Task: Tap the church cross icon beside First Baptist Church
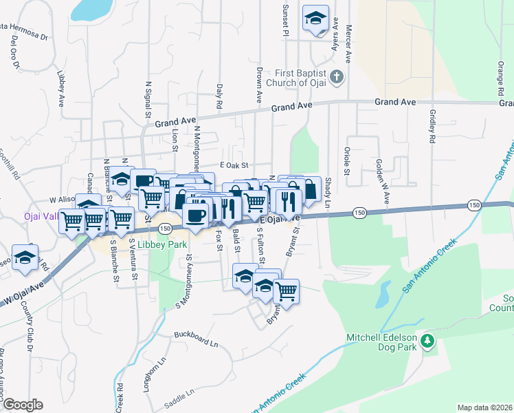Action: click(x=337, y=76)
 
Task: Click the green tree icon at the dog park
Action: click(x=427, y=340)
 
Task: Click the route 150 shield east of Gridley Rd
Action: click(x=473, y=204)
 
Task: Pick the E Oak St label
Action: click(x=233, y=165)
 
